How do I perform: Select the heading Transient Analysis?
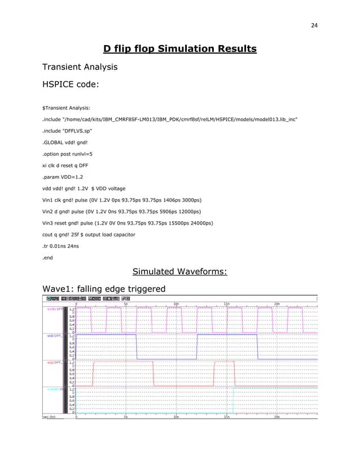tap(80, 68)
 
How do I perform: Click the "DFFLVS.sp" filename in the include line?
tap(75, 130)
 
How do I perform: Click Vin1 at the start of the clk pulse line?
tap(50, 200)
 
